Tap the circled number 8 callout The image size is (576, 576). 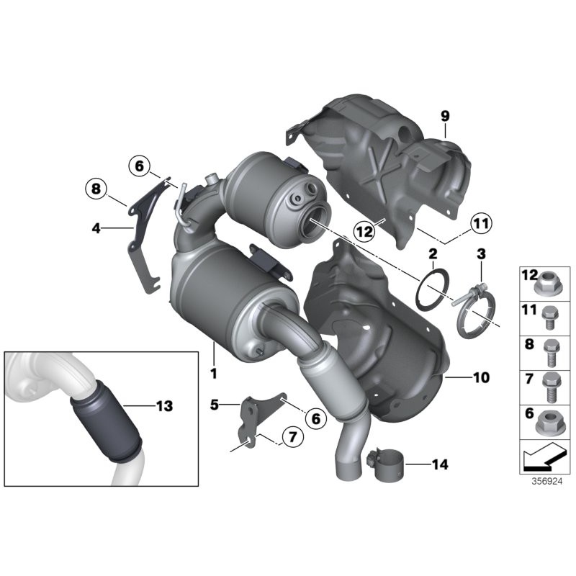(94, 190)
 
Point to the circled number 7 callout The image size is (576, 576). (291, 436)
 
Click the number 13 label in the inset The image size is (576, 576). (164, 407)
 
